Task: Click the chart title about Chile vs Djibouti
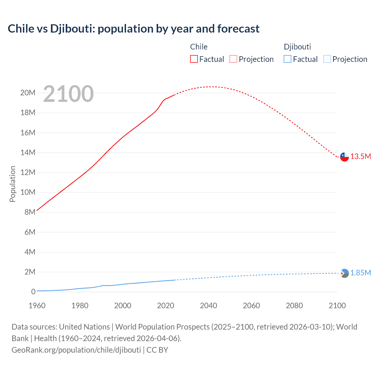[134, 29]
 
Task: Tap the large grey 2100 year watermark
[68, 94]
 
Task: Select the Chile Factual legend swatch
[194, 59]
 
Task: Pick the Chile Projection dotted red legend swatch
[233, 59]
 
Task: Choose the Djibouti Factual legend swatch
[288, 59]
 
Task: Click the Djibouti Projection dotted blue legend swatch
[327, 59]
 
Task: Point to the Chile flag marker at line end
[344, 157]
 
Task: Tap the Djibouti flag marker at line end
[344, 273]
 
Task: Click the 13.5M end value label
[361, 157]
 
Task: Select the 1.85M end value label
[361, 273]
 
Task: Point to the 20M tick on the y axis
[28, 93]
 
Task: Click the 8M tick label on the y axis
[30, 212]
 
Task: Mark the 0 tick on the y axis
[33, 292]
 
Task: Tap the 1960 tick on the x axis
[37, 306]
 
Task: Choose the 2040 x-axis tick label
[208, 306]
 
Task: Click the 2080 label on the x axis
[294, 306]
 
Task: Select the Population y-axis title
[12, 184]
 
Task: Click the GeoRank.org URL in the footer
[76, 350]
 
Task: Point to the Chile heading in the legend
[199, 47]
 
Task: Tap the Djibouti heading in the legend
[297, 47]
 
